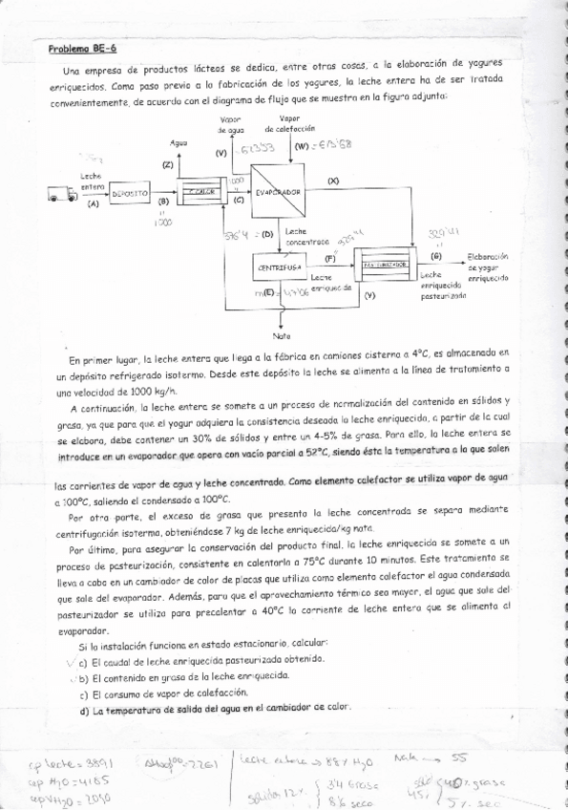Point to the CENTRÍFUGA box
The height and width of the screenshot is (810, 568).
279,267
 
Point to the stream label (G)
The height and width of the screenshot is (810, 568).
436,256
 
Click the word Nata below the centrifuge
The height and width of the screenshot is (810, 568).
282,335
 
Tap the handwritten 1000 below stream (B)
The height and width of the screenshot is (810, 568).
162,222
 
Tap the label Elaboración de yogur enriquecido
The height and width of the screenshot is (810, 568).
487,266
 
